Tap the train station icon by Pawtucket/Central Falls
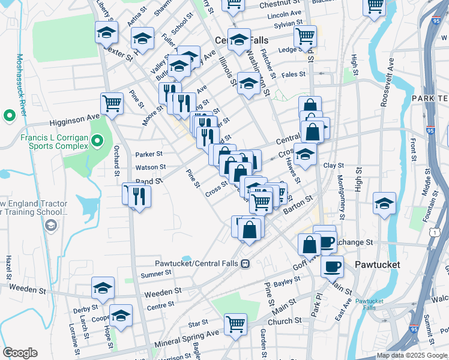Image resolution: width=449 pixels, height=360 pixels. coord(245,263)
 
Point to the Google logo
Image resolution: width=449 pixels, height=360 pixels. coord(20,353)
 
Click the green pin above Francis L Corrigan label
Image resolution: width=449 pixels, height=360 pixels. coord(9,115)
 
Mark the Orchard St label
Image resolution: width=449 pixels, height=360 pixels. coord(116,161)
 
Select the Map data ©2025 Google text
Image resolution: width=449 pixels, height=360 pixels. coord(412,355)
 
